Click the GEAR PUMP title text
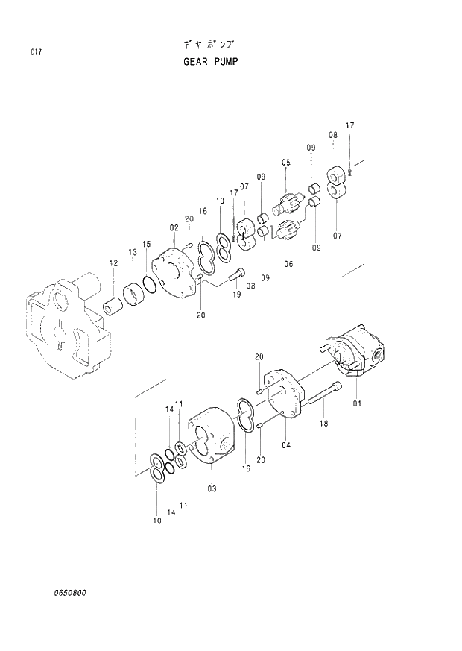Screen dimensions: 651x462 coord(210,62)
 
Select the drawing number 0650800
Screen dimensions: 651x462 coord(70,593)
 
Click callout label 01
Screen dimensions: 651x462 coord(357,404)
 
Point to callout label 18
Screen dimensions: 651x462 coord(323,424)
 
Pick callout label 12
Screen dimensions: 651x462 coord(113,262)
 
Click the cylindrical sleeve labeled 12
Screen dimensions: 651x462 coord(114,306)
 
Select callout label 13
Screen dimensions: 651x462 coord(132,253)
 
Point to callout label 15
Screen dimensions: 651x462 coord(147,244)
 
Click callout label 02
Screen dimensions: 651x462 coord(173,227)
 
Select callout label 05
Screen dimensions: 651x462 coord(285,163)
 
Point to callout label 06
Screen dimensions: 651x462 coord(288,263)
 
